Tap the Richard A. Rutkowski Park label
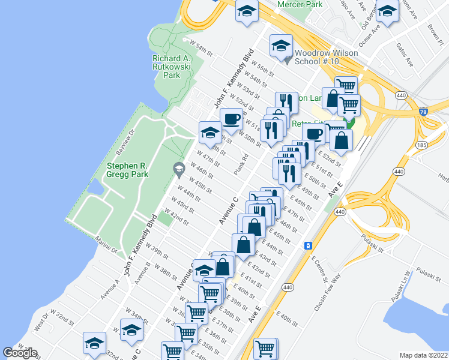172,67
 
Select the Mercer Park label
300,4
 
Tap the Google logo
20,353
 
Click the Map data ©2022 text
424,355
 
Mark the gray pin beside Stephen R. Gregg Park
178,170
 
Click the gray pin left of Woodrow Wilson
287,59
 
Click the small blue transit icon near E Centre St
308,245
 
